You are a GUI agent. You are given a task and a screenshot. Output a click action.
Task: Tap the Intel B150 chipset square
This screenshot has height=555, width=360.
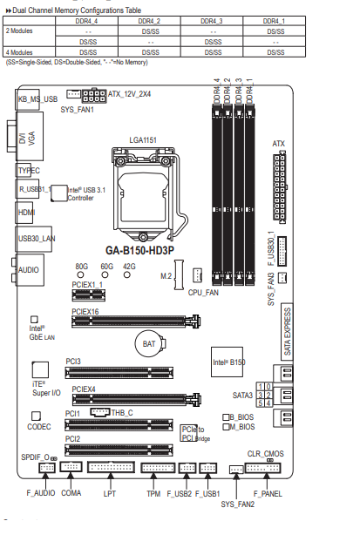click(227, 362)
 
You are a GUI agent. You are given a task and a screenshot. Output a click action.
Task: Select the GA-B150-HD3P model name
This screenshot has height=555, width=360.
click(139, 251)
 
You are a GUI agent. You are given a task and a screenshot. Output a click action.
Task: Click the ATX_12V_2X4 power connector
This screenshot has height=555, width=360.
click(94, 96)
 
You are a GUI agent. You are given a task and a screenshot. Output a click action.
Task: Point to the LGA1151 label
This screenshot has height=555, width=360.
click(143, 140)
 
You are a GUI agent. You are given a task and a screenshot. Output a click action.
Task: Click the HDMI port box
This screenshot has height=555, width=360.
click(24, 213)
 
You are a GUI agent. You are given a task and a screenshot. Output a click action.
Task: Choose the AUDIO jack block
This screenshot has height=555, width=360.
click(30, 270)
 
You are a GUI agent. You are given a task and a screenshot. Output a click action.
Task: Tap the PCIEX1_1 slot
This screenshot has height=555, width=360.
click(89, 294)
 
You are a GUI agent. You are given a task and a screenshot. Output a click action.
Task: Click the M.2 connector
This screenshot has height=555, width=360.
click(179, 275)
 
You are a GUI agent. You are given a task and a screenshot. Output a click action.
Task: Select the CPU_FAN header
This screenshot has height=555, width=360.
click(198, 275)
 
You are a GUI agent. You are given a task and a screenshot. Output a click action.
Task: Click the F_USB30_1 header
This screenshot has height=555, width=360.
click(282, 251)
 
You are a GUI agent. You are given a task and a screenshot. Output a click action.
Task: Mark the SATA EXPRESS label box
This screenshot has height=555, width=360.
click(287, 332)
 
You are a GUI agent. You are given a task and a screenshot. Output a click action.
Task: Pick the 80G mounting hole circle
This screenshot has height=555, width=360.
click(81, 274)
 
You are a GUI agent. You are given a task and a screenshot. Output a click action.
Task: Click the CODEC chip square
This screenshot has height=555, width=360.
click(36, 416)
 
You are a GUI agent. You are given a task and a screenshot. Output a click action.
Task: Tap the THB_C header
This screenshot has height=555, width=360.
click(100, 412)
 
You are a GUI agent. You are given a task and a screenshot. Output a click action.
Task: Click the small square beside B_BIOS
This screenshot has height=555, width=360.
click(226, 417)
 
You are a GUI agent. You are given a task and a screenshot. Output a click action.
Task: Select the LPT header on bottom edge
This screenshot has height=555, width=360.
click(112, 467)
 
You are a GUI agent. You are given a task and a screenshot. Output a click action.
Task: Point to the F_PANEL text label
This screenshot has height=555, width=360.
click(268, 494)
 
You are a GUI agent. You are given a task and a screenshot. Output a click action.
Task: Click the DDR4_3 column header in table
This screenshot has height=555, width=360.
click(212, 21)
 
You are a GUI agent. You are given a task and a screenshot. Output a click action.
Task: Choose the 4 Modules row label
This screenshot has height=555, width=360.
click(19, 52)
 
